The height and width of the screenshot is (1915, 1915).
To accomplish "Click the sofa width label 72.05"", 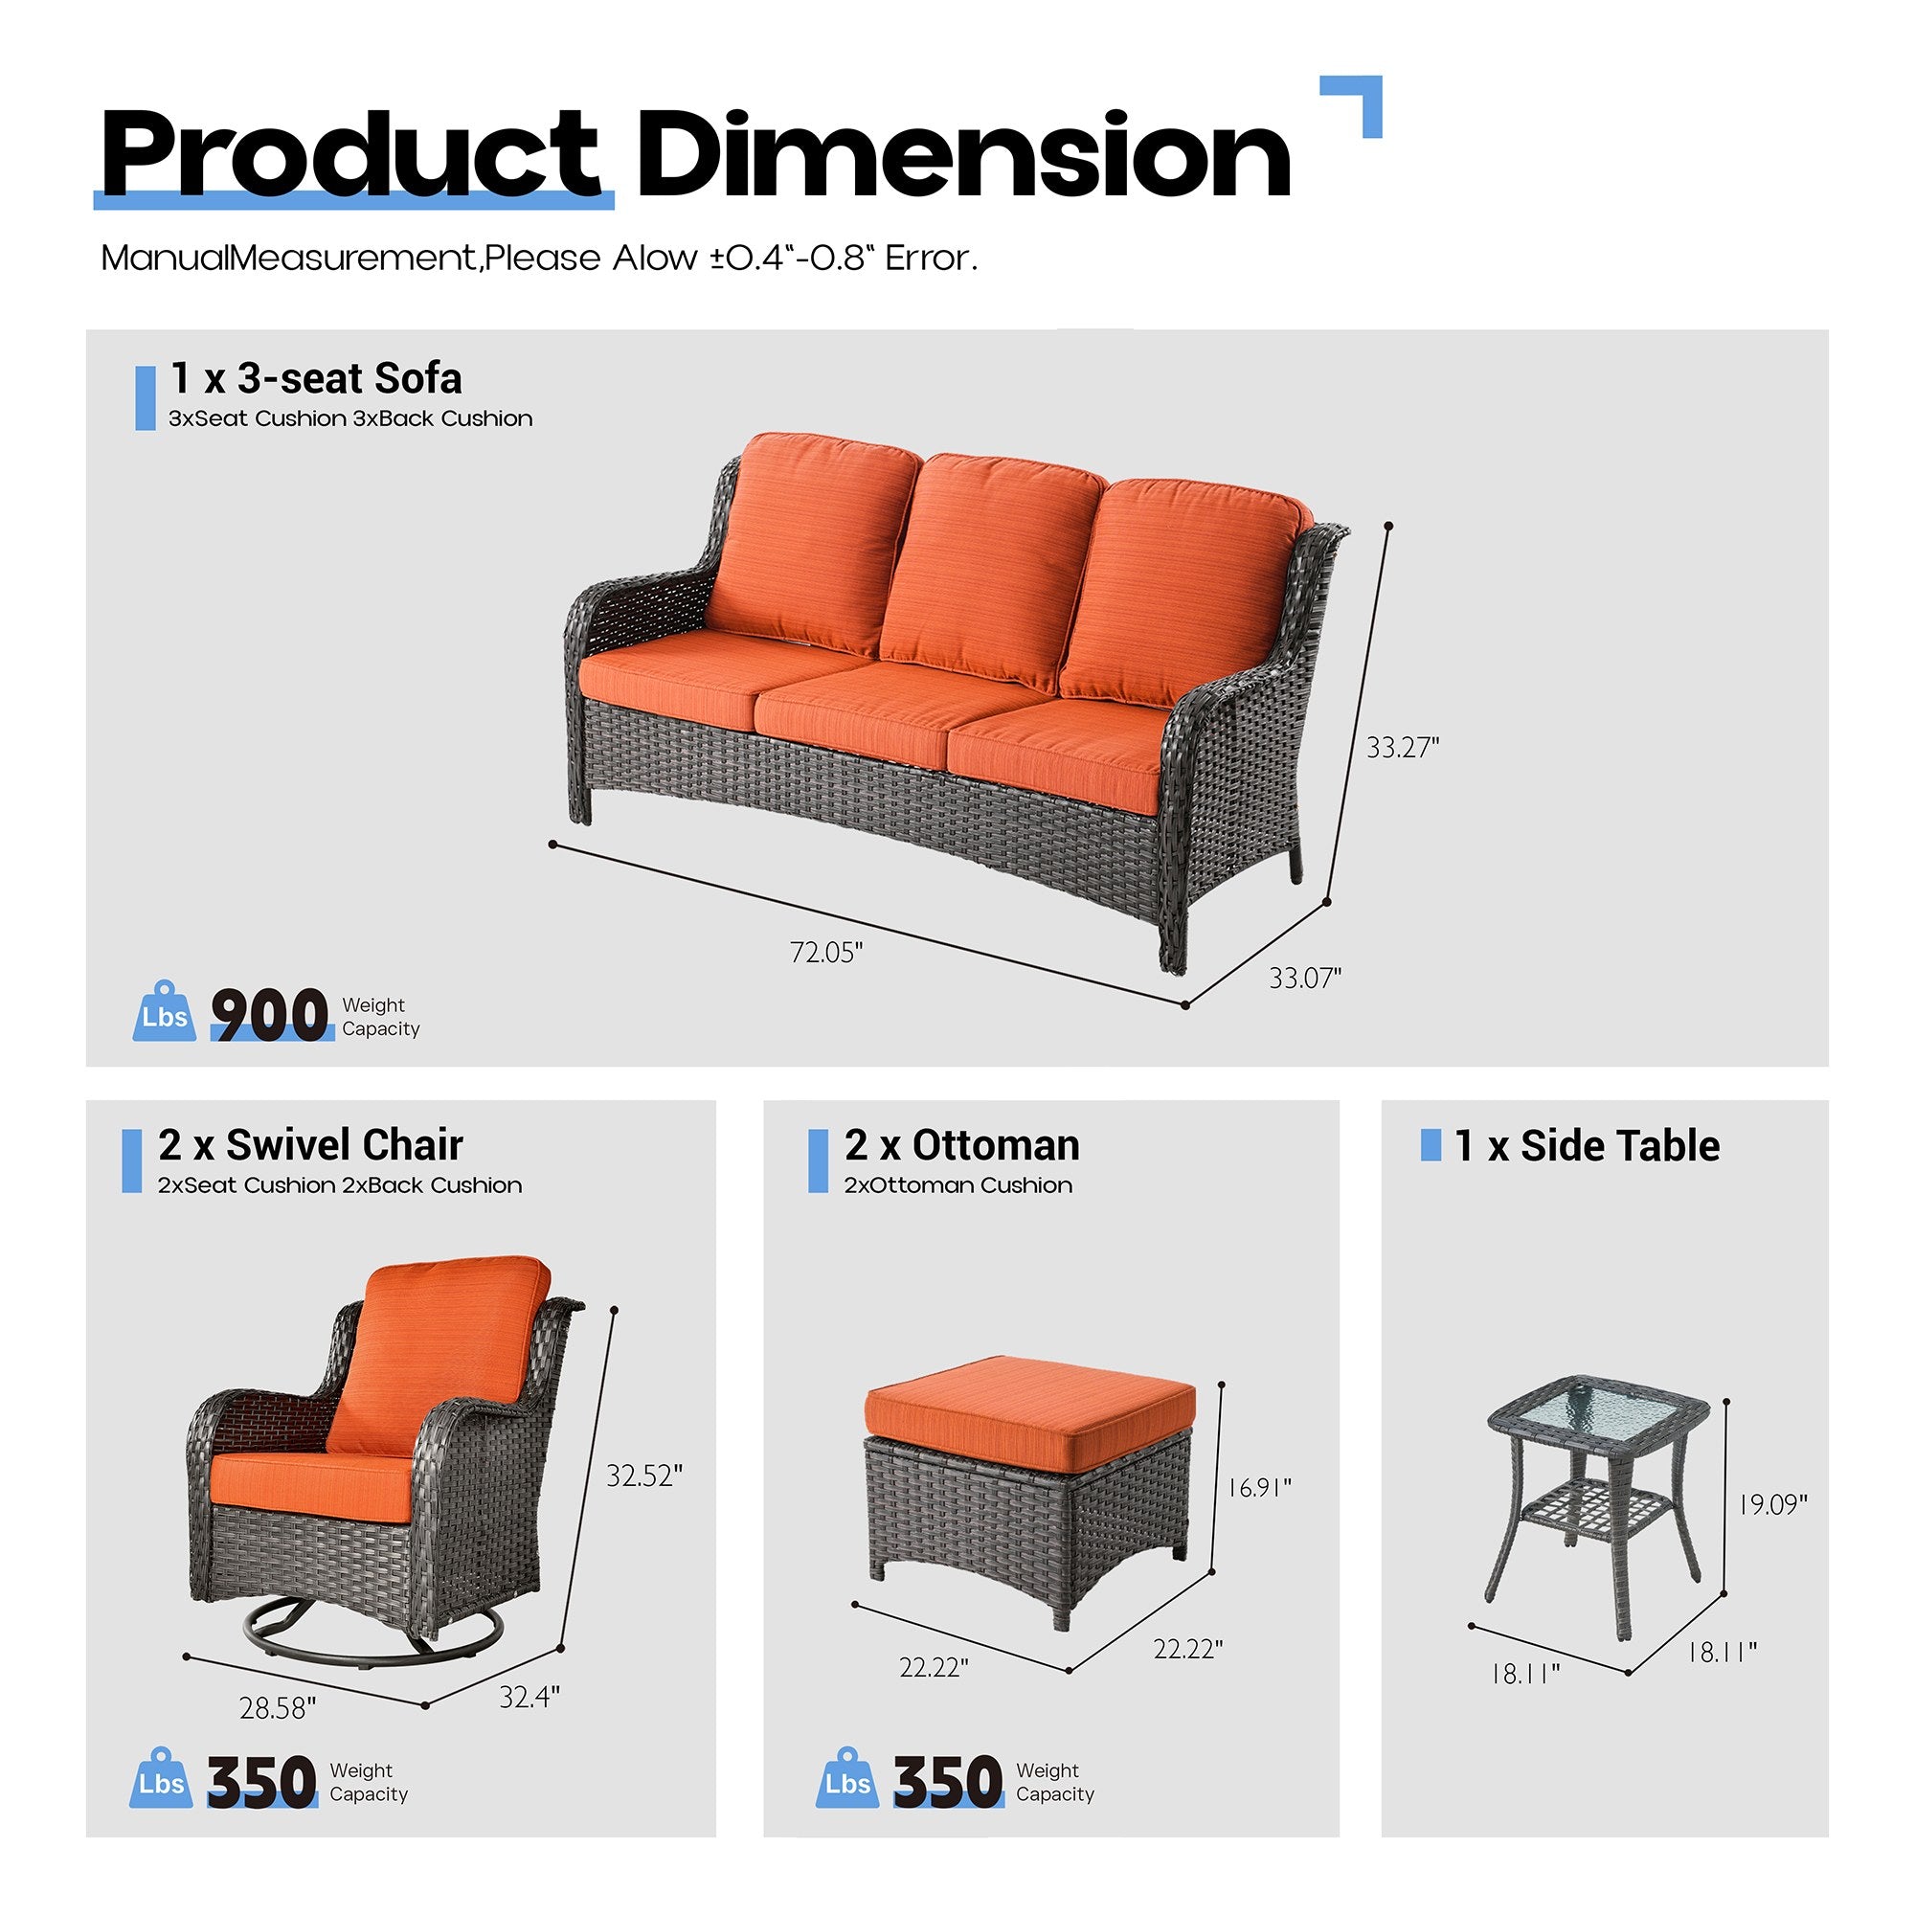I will click(x=825, y=953).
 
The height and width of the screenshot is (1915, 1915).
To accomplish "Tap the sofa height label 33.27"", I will click(x=1402, y=748).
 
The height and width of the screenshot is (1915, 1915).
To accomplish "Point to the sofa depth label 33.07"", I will click(x=1304, y=979).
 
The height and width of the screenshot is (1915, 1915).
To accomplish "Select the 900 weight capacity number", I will click(x=270, y=1015).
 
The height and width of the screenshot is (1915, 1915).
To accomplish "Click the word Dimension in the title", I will click(x=962, y=157).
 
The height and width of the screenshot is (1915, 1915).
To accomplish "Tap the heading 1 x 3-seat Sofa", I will click(x=315, y=378).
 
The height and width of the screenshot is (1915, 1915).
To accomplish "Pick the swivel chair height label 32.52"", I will click(x=644, y=1476).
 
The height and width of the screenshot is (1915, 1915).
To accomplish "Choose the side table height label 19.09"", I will click(x=1772, y=1504).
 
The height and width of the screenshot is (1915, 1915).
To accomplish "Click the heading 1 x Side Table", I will click(x=1586, y=1146).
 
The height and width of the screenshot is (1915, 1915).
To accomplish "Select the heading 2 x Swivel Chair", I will click(x=310, y=1146).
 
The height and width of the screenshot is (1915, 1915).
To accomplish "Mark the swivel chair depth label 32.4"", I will click(x=529, y=1697).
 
